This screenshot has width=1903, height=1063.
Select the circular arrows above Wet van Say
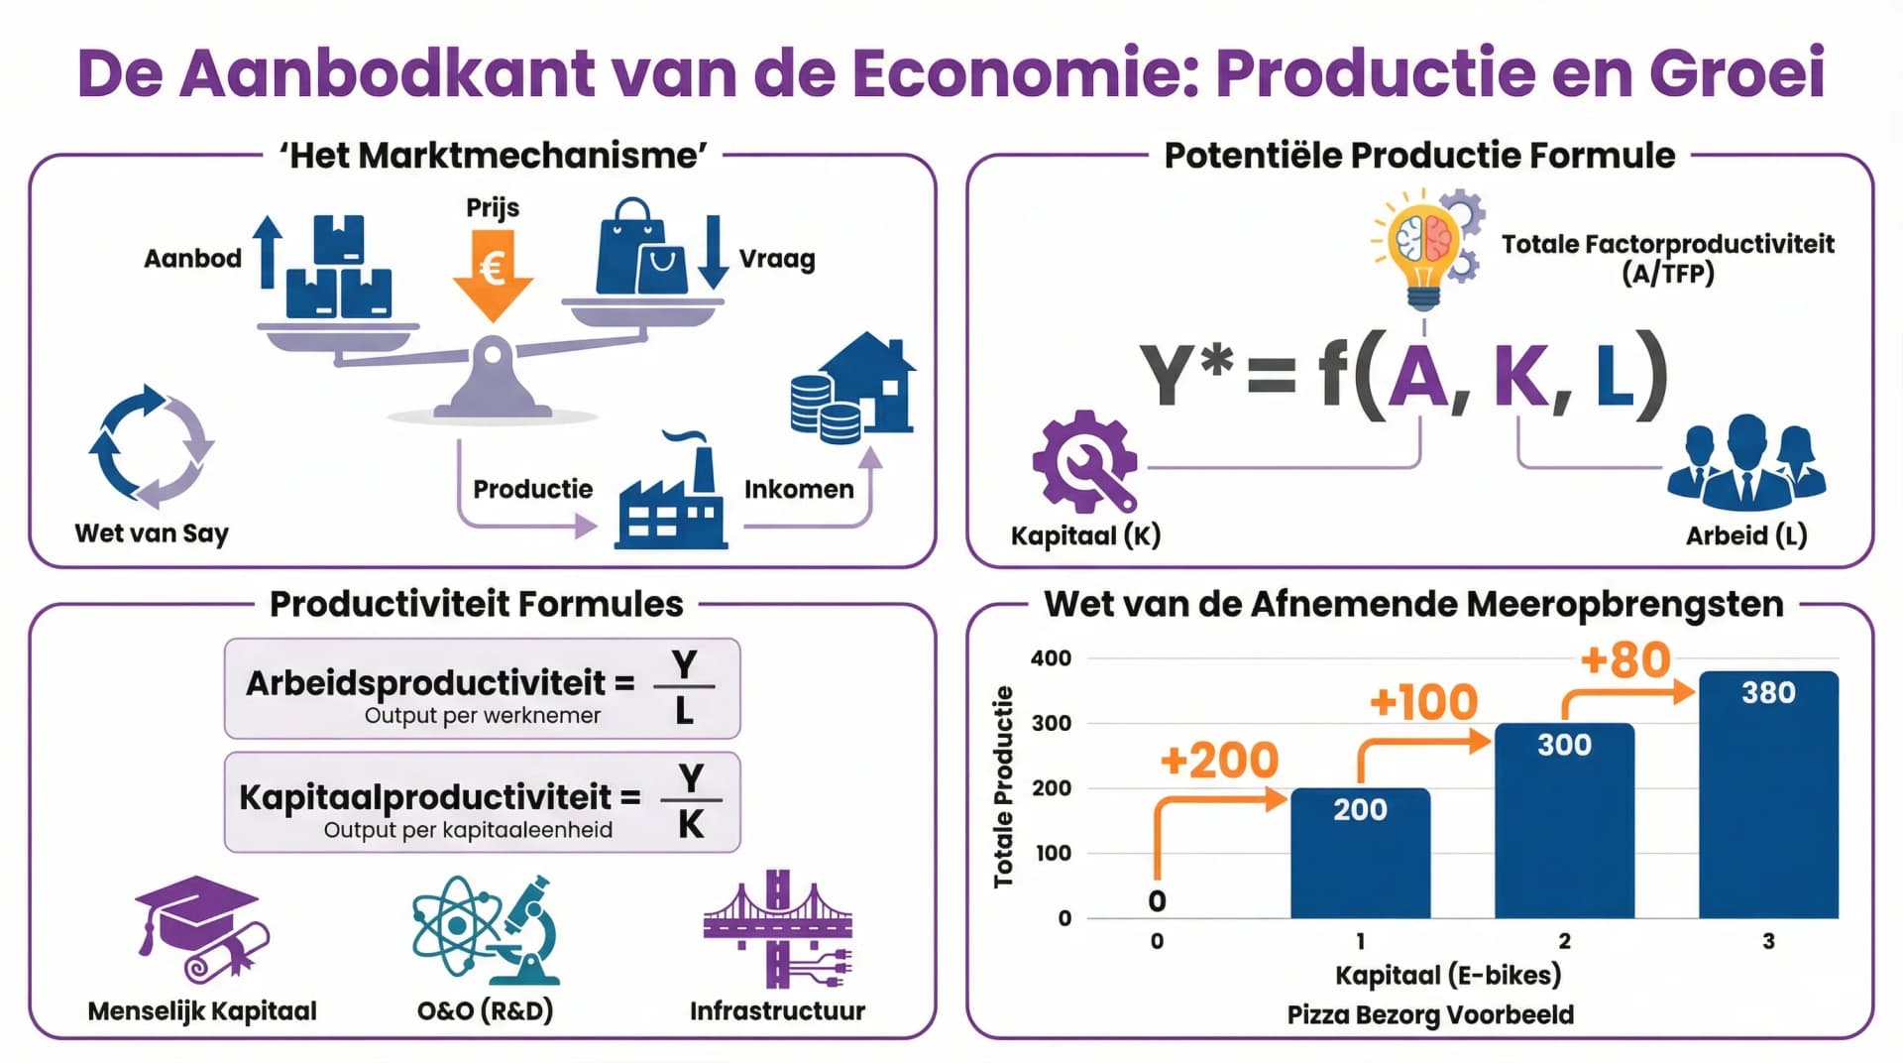(x=152, y=445)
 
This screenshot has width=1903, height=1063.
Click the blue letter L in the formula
(x=1615, y=377)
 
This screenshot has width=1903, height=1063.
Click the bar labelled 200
(x=1360, y=853)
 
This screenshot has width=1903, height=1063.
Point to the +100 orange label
(x=1423, y=702)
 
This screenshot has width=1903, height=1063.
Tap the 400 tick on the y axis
(x=1051, y=658)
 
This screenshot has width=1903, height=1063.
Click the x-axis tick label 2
(x=1564, y=941)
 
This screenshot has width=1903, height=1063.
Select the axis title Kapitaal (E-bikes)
(x=1447, y=976)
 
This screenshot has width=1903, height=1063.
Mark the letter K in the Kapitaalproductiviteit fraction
(x=691, y=824)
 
